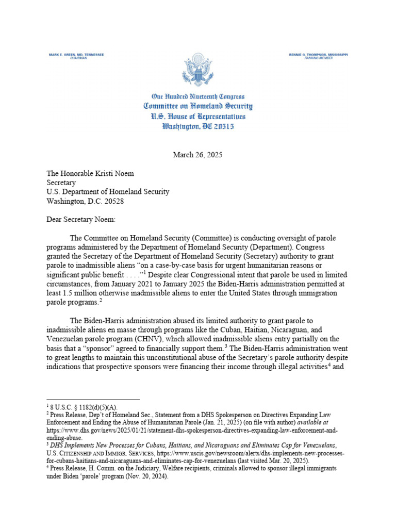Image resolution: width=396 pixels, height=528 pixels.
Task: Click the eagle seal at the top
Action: (197, 70)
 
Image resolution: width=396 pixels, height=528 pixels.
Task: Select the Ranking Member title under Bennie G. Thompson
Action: (318, 59)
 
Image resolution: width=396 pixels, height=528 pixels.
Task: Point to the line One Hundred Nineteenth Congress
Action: (197, 96)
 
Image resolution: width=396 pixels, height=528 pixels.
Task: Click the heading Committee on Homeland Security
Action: (197, 106)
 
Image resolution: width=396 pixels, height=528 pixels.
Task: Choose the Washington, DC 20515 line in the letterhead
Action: (197, 126)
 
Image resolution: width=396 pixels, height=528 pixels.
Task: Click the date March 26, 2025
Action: (197, 154)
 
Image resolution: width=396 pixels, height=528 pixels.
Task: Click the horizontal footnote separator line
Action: (93, 400)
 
